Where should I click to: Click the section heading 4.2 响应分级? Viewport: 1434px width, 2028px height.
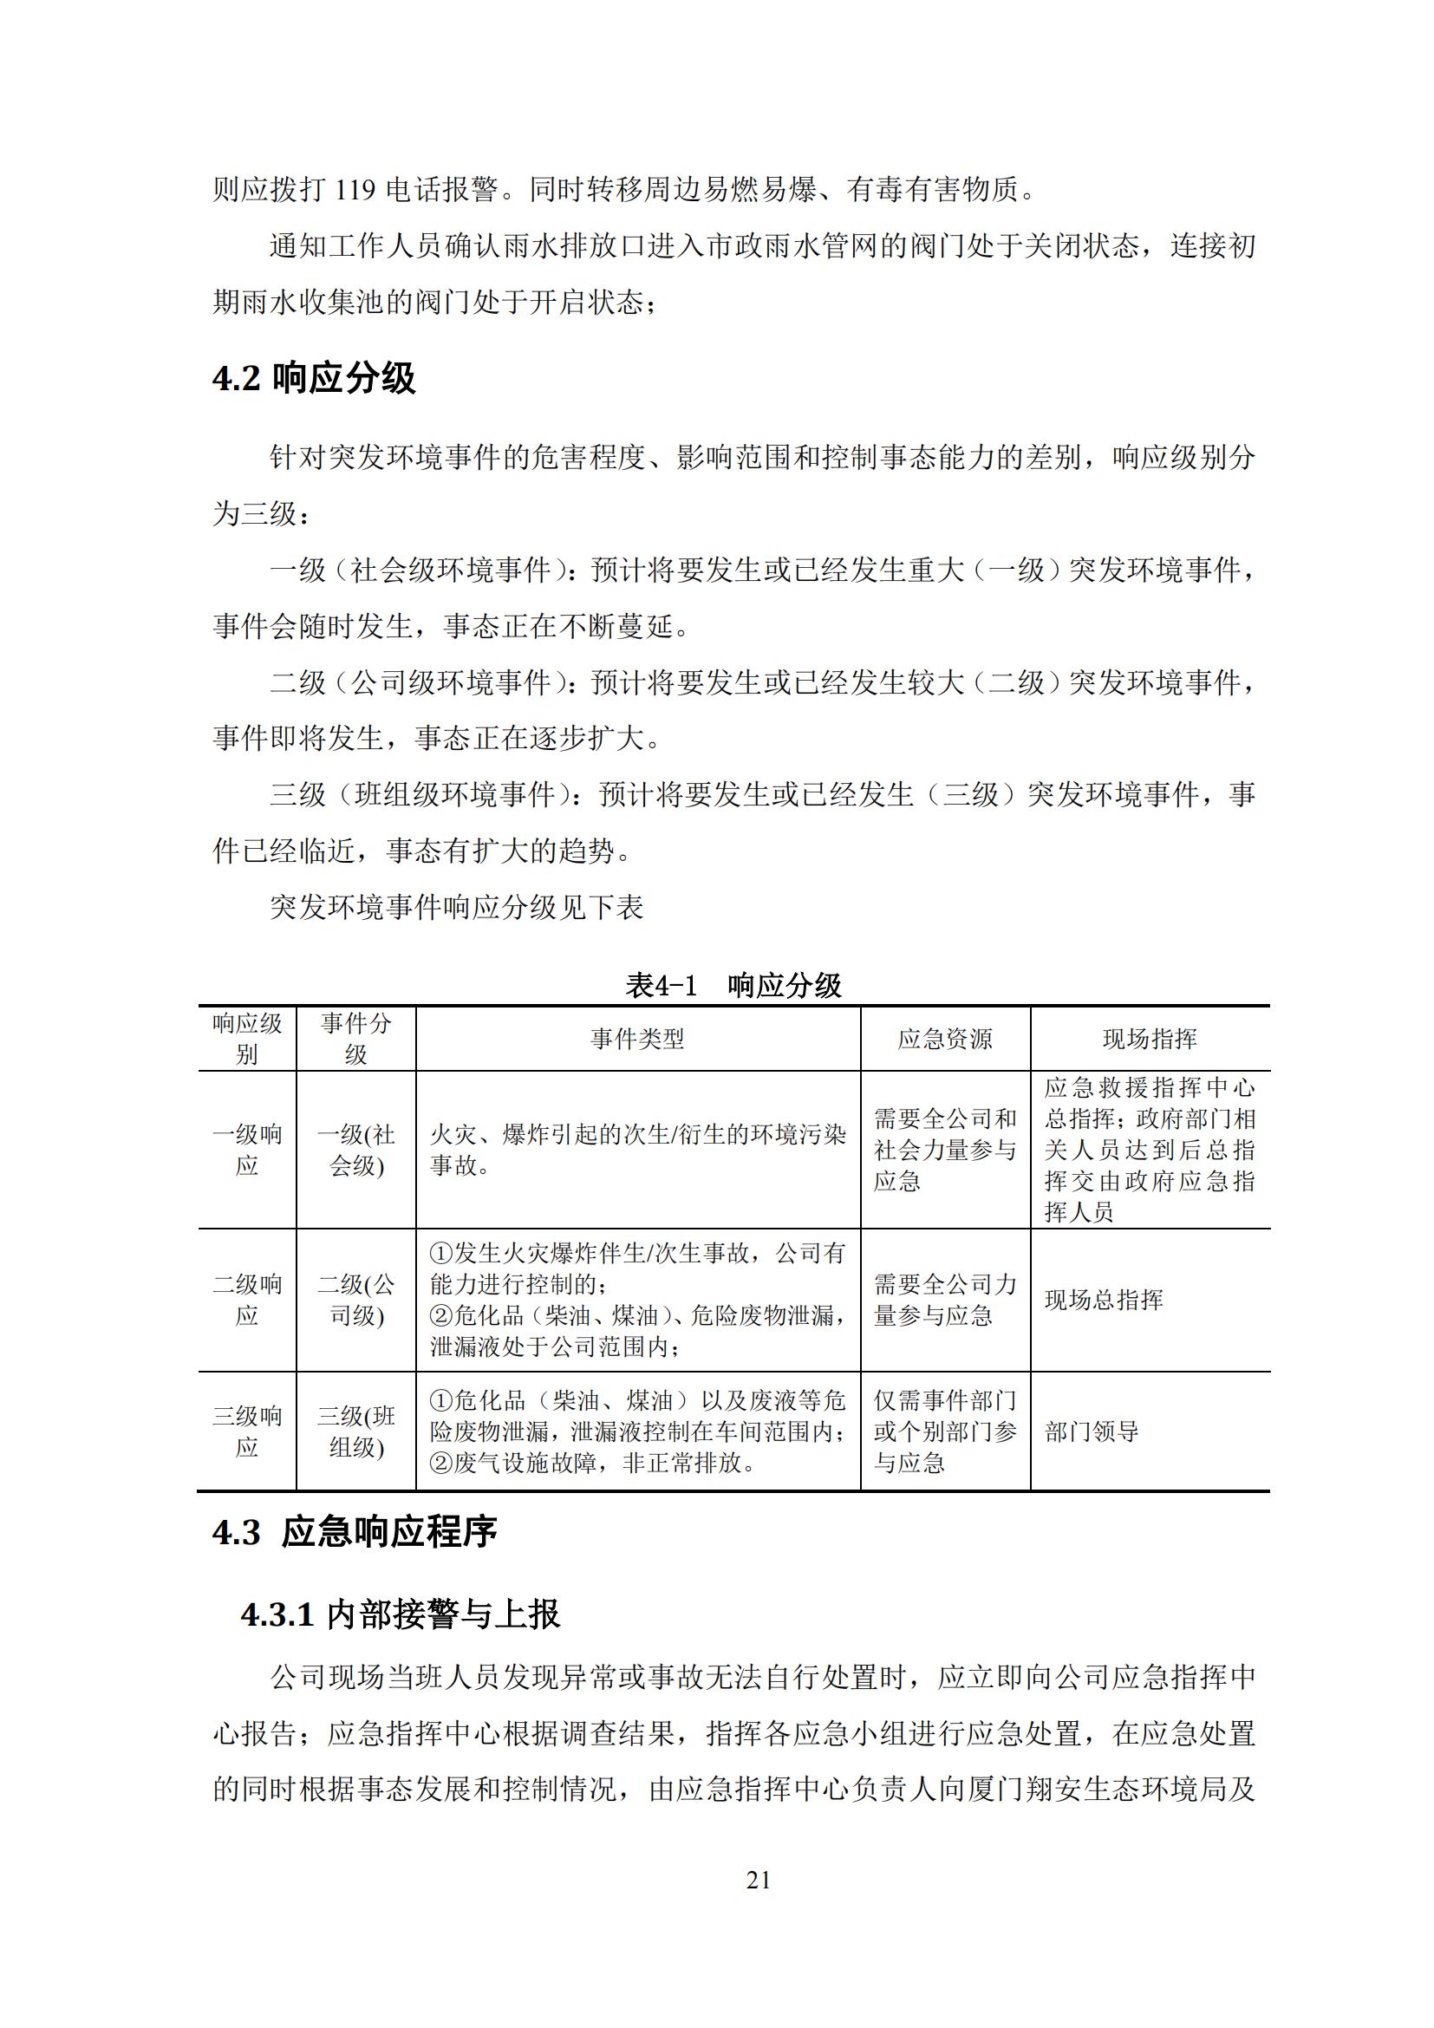point(314,378)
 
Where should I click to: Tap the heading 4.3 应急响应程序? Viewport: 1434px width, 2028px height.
point(354,1531)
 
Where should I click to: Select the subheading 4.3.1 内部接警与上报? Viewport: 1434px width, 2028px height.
point(400,1614)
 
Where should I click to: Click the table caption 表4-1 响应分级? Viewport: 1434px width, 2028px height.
point(733,985)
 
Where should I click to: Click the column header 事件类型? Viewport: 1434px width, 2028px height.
point(637,1039)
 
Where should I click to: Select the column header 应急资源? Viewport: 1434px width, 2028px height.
point(945,1039)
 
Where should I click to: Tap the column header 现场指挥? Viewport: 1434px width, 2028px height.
point(1150,1039)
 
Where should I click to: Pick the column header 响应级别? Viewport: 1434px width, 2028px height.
point(247,1039)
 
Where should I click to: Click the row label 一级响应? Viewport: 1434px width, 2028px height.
point(247,1150)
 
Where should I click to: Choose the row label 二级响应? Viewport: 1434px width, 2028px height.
point(247,1300)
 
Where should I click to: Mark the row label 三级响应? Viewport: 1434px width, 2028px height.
point(247,1431)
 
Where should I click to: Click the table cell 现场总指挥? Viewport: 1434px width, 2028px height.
point(1104,1300)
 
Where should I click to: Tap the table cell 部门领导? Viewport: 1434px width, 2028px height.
point(1092,1431)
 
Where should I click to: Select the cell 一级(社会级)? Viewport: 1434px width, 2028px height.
point(355,1150)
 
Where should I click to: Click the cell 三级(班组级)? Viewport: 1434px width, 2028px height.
point(355,1431)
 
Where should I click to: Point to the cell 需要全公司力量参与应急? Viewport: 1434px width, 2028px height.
point(945,1300)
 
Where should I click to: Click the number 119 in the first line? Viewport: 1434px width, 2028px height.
point(355,189)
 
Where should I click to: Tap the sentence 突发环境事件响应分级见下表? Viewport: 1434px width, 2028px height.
point(457,907)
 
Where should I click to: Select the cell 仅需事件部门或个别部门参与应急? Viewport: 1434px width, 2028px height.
point(945,1431)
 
